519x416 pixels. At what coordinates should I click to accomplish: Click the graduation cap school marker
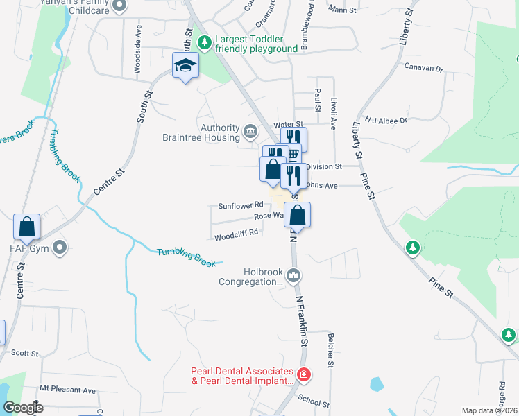click(x=185, y=67)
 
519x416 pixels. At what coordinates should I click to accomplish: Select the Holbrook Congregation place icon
click(x=293, y=276)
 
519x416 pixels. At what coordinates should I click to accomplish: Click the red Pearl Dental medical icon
click(x=303, y=375)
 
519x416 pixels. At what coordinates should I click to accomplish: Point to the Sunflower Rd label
click(x=240, y=205)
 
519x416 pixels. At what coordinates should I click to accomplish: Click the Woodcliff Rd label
click(x=236, y=234)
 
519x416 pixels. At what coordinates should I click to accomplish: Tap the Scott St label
click(x=25, y=353)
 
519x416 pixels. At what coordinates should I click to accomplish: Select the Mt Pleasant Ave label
click(x=67, y=390)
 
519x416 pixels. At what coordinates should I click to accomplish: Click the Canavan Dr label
click(x=423, y=67)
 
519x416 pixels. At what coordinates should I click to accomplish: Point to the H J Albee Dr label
click(x=386, y=121)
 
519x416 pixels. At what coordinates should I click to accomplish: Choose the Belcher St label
click(x=330, y=349)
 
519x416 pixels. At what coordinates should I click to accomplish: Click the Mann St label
click(x=342, y=10)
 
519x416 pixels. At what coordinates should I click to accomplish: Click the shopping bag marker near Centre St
click(x=26, y=227)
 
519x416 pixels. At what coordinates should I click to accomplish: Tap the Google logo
click(x=23, y=408)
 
